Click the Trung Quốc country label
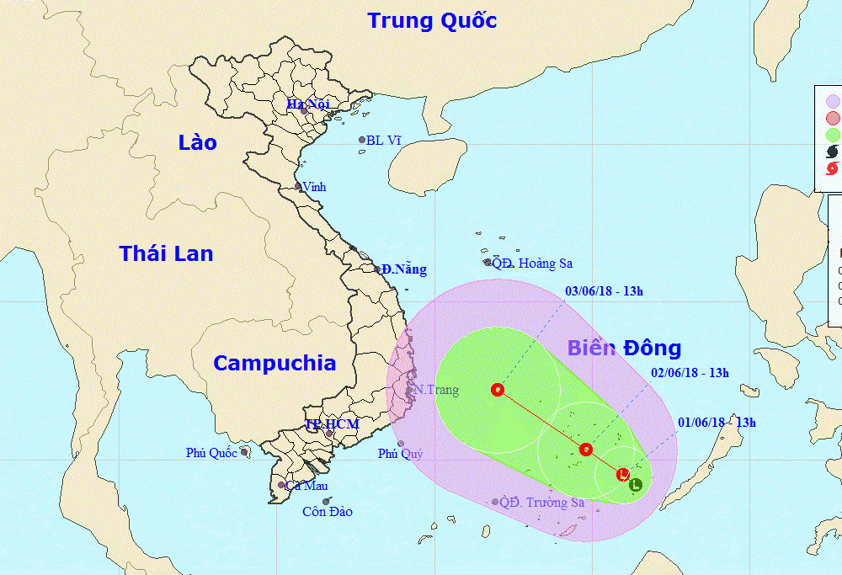(432, 20)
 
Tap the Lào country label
(197, 142)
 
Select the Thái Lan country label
(166, 253)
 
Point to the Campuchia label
(274, 363)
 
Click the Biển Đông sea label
(624, 348)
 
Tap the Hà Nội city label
(307, 104)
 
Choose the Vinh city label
(313, 187)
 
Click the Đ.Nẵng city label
(403, 269)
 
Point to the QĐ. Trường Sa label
(541, 503)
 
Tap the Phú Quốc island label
(211, 453)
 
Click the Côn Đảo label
(327, 511)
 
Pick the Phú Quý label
(400, 454)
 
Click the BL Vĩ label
(383, 141)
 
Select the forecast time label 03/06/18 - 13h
(604, 291)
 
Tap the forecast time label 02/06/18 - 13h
(690, 372)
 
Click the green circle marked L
(636, 484)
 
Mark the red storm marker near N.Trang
(498, 390)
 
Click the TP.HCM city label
(332, 424)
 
